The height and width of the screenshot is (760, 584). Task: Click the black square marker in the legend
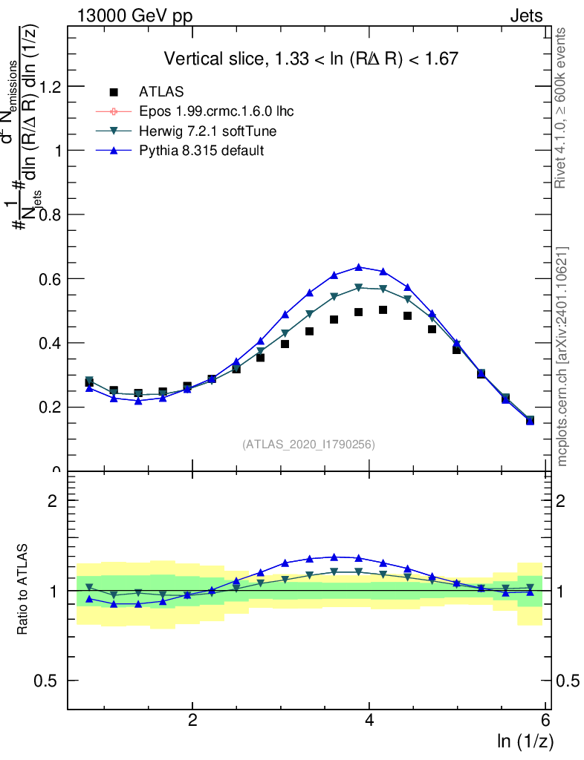click(114, 92)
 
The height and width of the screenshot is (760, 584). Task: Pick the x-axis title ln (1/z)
click(525, 741)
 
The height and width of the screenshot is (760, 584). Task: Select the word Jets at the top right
click(526, 16)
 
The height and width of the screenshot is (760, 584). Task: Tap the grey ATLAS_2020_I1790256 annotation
click(308, 445)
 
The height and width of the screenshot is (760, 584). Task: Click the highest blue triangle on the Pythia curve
click(359, 266)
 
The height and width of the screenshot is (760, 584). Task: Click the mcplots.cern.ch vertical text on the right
click(562, 356)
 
